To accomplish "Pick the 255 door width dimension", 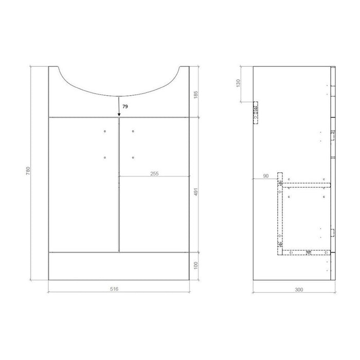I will pyautogui.click(x=153, y=173).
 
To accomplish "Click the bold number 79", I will pyautogui.click(x=125, y=106).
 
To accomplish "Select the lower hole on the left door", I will pyautogui.click(x=105, y=157).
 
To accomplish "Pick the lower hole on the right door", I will pyautogui.click(x=133, y=157).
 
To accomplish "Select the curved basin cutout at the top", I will pyautogui.click(x=119, y=82).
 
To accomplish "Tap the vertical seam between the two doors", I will pyautogui.click(x=119, y=185).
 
